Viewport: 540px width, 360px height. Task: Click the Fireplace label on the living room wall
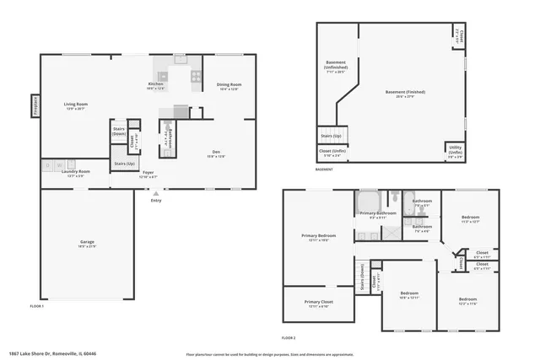(x=35, y=105)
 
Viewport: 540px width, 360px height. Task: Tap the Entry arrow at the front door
(x=155, y=194)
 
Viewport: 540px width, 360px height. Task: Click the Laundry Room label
(x=75, y=172)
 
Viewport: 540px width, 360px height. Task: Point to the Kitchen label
(x=156, y=84)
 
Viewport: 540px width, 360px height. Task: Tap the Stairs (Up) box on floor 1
(x=124, y=163)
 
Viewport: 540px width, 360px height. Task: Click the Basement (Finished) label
(x=405, y=92)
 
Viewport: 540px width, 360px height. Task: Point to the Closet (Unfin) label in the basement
(x=330, y=153)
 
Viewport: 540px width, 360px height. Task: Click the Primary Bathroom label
(x=378, y=214)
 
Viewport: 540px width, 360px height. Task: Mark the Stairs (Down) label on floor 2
(x=362, y=277)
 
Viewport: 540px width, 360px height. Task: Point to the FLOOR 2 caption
(x=289, y=337)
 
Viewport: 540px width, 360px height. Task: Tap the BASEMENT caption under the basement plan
(x=324, y=169)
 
